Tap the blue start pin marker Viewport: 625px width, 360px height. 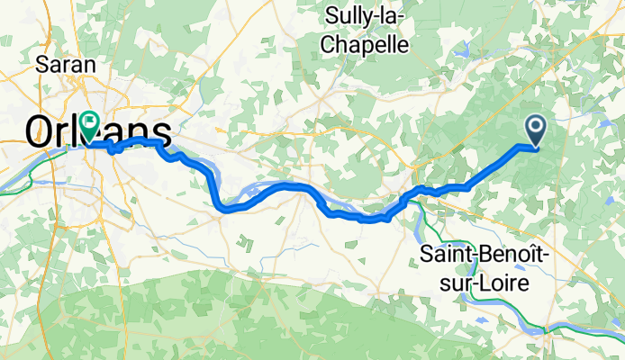535,131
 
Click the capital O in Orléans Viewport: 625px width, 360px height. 41,132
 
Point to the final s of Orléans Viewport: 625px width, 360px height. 161,132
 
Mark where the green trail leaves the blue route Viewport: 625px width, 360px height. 413,200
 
